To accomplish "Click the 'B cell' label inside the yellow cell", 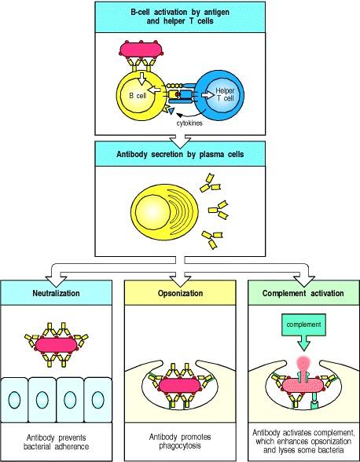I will [x=136, y=96].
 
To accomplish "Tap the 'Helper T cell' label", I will [x=226, y=96].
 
